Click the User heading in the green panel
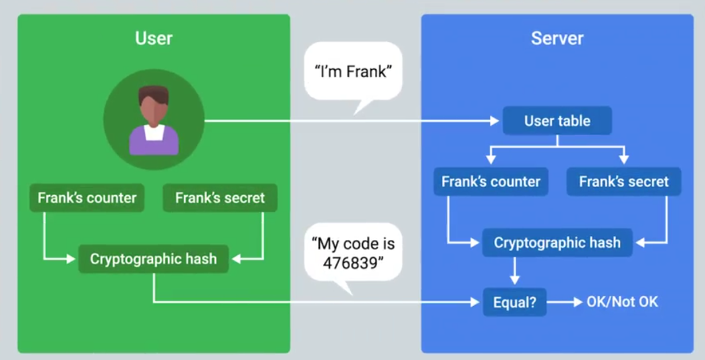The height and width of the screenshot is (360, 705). pos(153,38)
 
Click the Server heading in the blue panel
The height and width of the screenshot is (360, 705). pos(557,38)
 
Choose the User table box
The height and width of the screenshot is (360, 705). pos(557,121)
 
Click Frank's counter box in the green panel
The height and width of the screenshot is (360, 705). pos(87,198)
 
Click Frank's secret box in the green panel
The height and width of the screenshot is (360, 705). pos(220,198)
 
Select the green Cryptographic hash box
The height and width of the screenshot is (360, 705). pos(153,259)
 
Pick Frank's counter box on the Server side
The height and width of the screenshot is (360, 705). pos(490,182)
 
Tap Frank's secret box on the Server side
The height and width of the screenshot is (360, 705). pos(623,182)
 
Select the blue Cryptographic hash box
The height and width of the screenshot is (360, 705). pos(557,243)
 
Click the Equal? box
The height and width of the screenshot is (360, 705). pos(514,302)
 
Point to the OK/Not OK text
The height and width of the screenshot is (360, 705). pos(622,302)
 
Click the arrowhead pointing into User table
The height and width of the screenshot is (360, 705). pos(494,121)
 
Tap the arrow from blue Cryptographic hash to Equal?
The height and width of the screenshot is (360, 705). pos(514,270)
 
